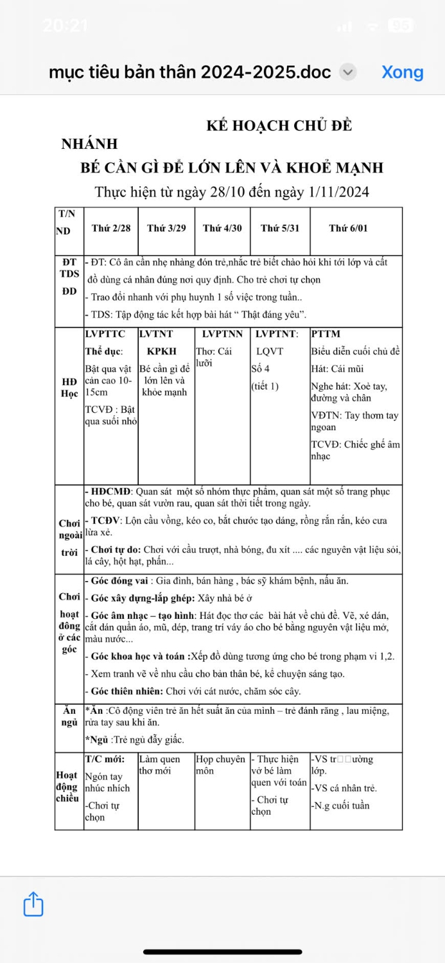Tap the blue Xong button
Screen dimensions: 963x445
[x=403, y=72]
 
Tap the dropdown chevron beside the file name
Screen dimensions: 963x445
[x=347, y=72]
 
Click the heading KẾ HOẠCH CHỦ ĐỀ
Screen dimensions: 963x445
[x=279, y=126]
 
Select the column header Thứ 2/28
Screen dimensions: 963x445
[x=111, y=229]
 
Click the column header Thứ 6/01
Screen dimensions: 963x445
[x=348, y=229]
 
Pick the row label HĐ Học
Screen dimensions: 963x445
[x=69, y=388]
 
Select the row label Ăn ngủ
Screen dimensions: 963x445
[x=69, y=717]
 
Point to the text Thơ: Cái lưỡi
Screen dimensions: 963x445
[x=214, y=357]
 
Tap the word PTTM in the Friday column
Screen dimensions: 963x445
[x=326, y=334]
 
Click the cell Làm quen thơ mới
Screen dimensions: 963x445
[x=159, y=765]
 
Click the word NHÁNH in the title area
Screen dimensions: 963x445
[x=89, y=144]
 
